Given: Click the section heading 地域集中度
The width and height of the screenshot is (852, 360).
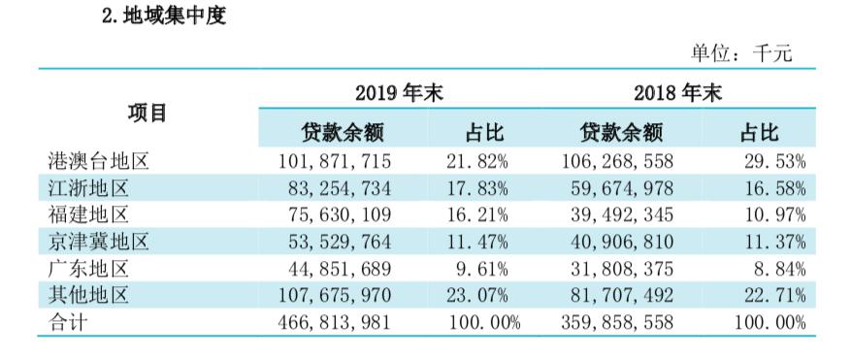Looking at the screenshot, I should click(x=164, y=16).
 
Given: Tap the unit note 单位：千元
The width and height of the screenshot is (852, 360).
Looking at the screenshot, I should click(x=740, y=54).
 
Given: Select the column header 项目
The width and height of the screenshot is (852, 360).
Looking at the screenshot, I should click(x=147, y=113).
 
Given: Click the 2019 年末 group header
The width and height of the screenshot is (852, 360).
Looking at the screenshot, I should click(x=397, y=94).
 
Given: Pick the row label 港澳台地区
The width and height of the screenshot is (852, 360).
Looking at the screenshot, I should click(x=97, y=160).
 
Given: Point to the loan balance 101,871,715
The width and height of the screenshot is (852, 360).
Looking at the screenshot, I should click(x=334, y=160).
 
